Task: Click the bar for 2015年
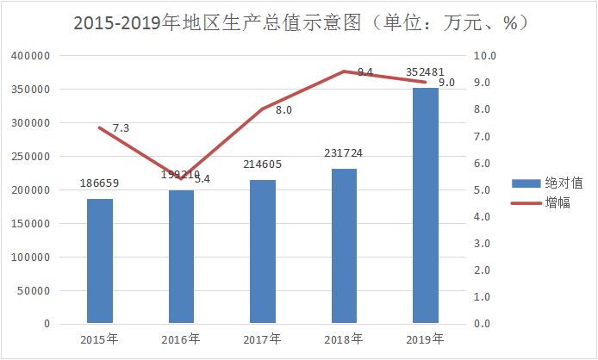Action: (x=99, y=261)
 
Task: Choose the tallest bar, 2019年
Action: (x=426, y=206)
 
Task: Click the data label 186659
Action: (x=99, y=184)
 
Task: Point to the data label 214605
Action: (x=263, y=164)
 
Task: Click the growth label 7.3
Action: (x=121, y=128)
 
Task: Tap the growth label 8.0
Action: (x=284, y=110)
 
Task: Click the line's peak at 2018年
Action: (x=344, y=71)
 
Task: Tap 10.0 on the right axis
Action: (x=486, y=56)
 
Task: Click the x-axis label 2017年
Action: (x=263, y=338)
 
